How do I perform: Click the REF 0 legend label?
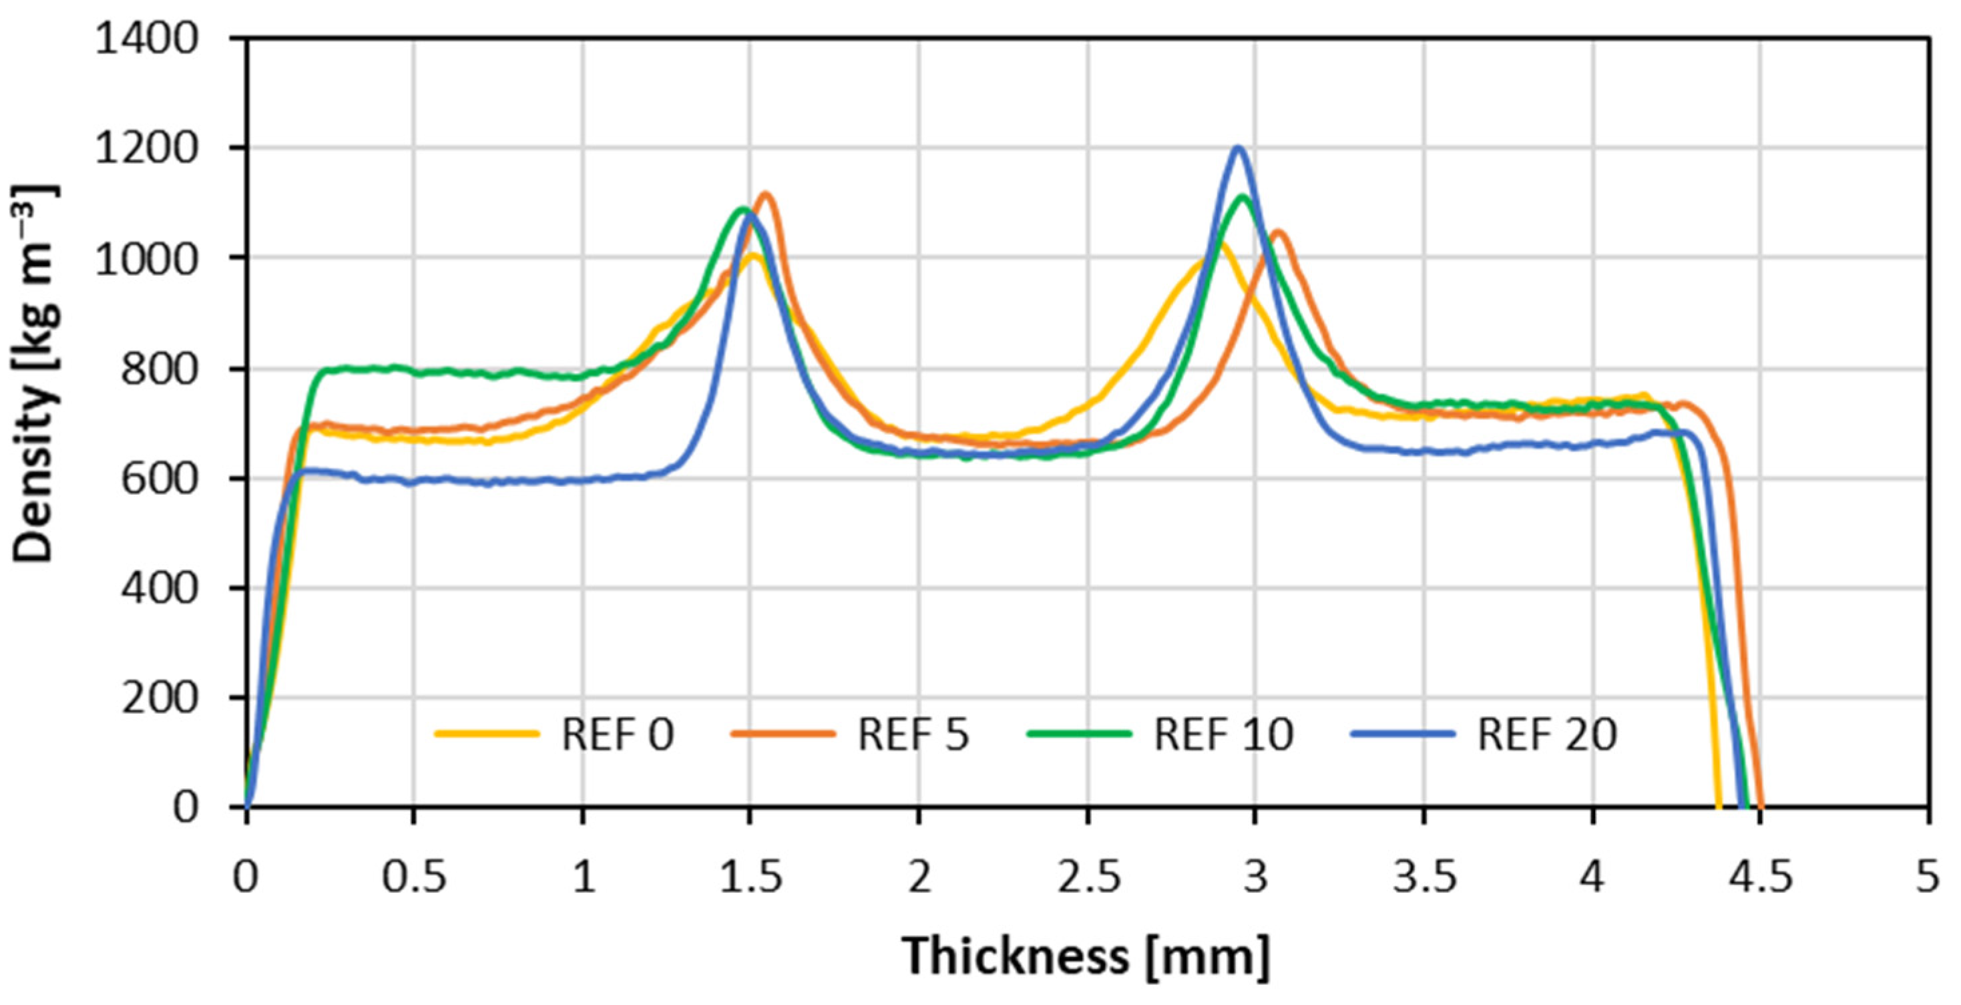(x=618, y=735)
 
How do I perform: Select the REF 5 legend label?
(x=913, y=735)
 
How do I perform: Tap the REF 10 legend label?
(x=1223, y=735)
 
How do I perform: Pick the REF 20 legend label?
(x=1547, y=735)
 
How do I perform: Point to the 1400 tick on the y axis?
(x=147, y=38)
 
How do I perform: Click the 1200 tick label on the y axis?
(x=147, y=148)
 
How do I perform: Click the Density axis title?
(x=34, y=373)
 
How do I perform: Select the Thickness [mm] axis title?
(x=1086, y=956)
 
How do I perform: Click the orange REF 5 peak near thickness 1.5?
(x=766, y=194)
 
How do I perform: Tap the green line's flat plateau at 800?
(x=457, y=371)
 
